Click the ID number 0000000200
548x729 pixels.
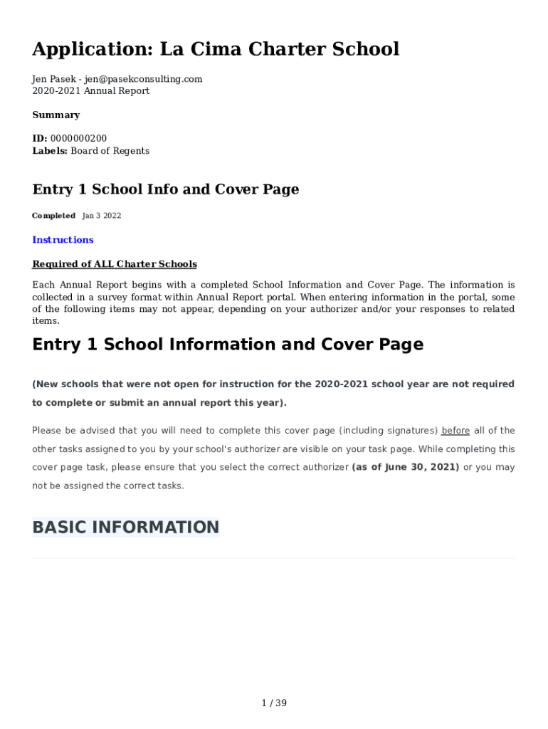[79, 138]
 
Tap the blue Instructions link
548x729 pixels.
[63, 240]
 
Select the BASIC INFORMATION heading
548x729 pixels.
[126, 528]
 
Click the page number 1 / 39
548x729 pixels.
[274, 703]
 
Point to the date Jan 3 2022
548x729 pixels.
[102, 216]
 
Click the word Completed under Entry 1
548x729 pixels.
[53, 216]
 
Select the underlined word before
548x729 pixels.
[456, 431]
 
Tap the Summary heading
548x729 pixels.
[56, 115]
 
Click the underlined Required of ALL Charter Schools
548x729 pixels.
[115, 264]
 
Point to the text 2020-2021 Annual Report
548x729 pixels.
[91, 91]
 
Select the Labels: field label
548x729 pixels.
[50, 151]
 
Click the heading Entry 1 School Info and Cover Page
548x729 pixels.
[166, 189]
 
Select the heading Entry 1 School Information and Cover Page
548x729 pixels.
[228, 345]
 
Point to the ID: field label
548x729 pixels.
[40, 138]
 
